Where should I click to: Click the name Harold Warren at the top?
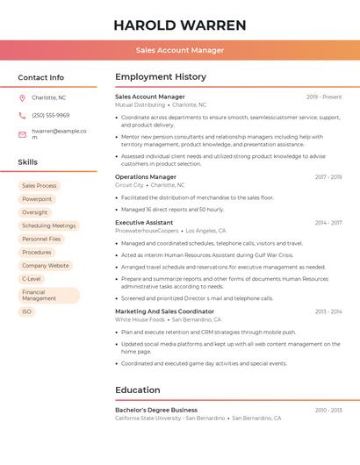click(180, 25)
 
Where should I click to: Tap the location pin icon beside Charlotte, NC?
click(22, 97)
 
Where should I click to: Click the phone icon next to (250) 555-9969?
click(22, 115)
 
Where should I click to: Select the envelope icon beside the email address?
click(22, 133)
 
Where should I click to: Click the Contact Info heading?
click(40, 77)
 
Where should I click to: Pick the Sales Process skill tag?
click(39, 186)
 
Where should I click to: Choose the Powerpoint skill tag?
click(37, 199)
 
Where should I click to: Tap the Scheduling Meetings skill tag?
click(48, 225)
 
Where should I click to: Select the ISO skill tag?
click(26, 311)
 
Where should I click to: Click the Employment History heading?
click(161, 77)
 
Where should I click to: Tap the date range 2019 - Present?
click(324, 97)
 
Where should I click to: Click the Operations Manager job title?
click(146, 177)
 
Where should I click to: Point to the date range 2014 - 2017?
click(328, 223)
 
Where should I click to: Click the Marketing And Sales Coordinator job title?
click(164, 311)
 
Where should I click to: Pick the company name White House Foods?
click(140, 320)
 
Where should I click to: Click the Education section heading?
click(138, 390)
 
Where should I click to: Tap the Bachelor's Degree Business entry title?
click(156, 410)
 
